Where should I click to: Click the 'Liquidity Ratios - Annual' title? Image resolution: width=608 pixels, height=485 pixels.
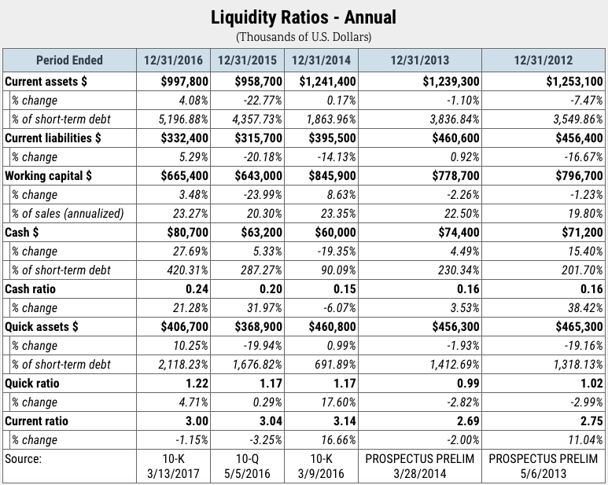304,17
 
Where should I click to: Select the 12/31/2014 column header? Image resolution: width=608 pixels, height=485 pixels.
321,60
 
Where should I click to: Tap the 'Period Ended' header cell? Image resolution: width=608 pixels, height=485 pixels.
69,60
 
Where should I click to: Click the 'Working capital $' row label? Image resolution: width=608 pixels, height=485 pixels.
49,176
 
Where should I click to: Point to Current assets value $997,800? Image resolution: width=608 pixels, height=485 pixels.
185,81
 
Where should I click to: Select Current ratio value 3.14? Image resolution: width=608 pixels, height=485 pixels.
345,421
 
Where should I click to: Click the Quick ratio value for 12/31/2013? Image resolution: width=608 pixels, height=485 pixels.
468,384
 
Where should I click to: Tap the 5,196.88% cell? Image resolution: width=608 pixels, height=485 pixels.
183,119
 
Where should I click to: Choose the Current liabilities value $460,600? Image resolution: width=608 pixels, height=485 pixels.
455,138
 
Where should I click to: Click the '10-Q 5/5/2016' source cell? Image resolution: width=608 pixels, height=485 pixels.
248,466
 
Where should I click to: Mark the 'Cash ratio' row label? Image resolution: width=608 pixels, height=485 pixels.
30,289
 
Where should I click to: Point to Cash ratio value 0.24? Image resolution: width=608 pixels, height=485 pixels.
197,289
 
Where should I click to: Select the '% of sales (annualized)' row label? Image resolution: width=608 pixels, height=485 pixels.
68,214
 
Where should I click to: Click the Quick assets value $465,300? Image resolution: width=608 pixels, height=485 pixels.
580,326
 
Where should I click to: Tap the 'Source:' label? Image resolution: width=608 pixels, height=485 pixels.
23,458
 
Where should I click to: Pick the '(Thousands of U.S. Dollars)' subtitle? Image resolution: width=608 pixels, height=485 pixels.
304,37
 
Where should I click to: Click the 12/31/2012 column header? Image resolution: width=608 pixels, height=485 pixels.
544,60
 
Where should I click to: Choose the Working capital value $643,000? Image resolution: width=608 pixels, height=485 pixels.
259,176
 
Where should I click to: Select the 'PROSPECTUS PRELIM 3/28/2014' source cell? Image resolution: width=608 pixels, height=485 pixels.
420,466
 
